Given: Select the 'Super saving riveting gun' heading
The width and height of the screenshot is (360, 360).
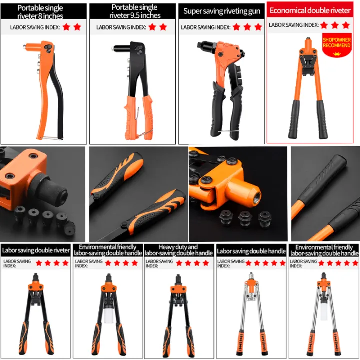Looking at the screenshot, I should (221, 11).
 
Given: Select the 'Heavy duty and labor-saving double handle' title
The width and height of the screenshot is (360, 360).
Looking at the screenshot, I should (178, 250).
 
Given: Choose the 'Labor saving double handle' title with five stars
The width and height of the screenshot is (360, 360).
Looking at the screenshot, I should (251, 251).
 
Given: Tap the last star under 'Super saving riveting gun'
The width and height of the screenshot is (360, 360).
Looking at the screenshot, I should (258, 27).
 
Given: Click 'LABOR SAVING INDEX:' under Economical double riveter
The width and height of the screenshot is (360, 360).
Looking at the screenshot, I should (293, 24).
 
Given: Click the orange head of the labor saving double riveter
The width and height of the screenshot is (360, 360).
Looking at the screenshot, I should (36, 289).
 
